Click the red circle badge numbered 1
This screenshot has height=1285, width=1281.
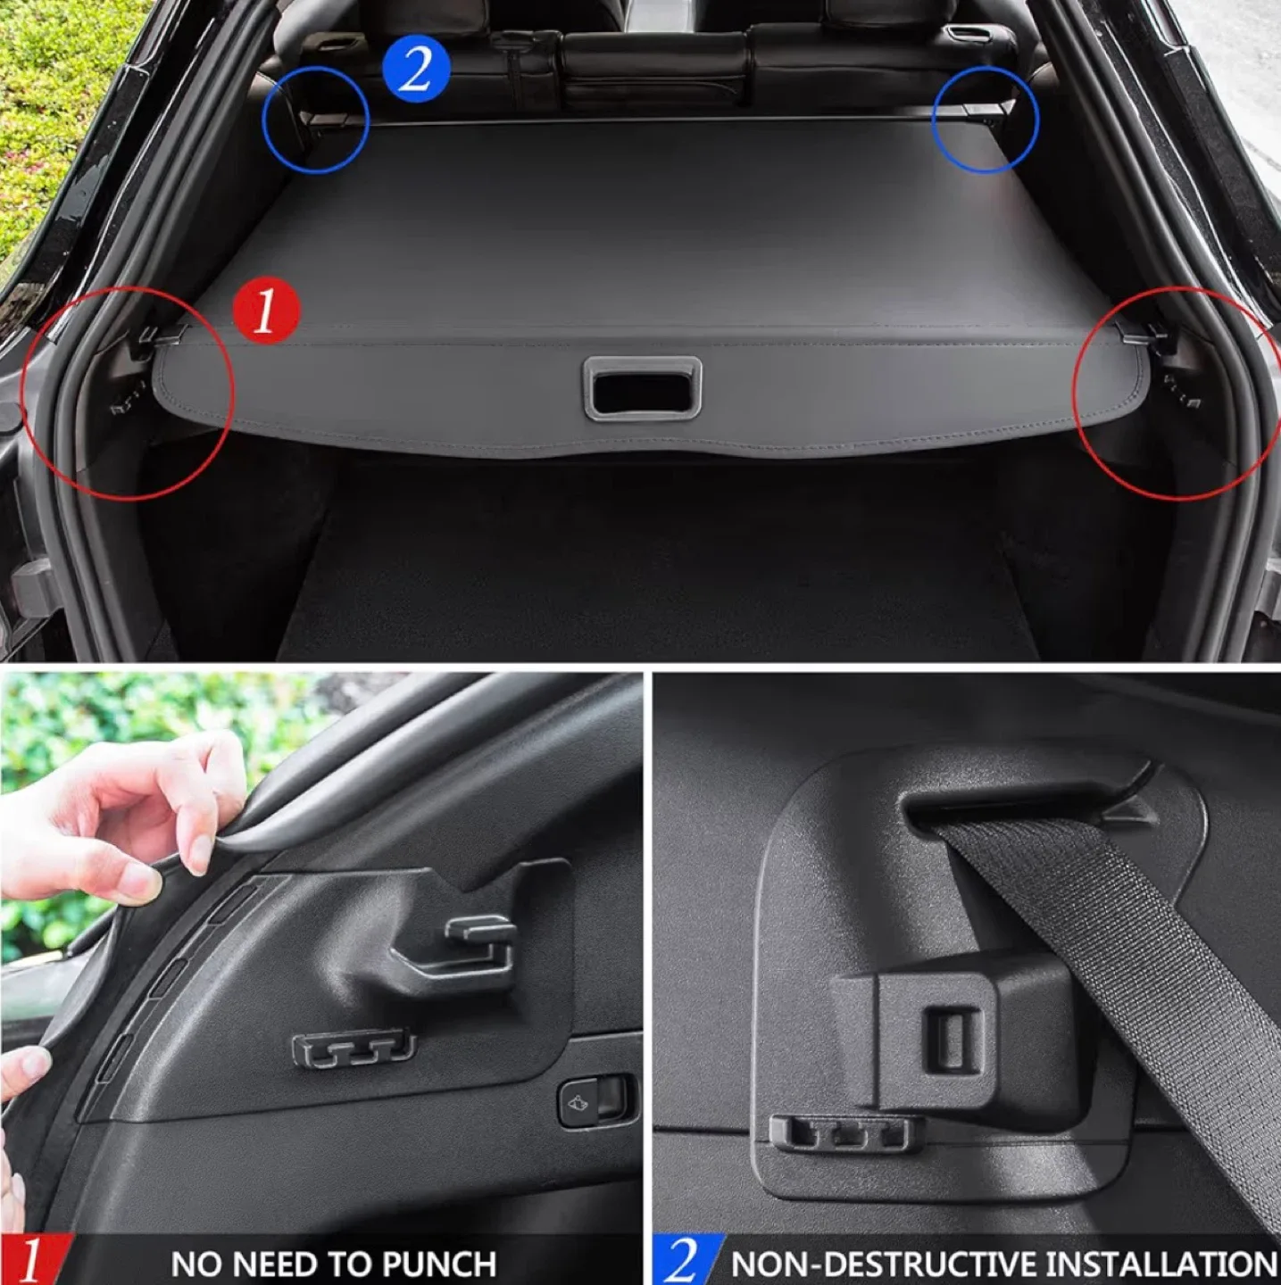[266, 311]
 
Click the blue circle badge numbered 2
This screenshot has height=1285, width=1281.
[416, 69]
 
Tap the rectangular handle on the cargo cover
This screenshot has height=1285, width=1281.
[642, 388]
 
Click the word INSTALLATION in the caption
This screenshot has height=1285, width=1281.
[1160, 1264]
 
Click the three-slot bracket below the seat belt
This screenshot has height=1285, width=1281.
[840, 1133]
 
